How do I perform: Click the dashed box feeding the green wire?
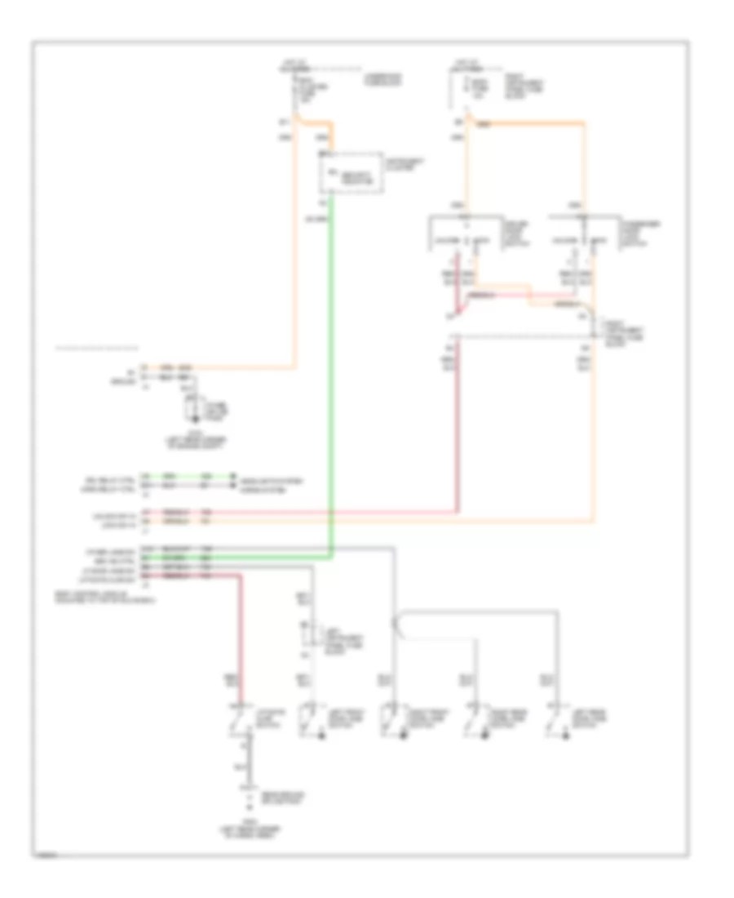tap(352, 172)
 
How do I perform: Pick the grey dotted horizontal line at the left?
tap(96, 349)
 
